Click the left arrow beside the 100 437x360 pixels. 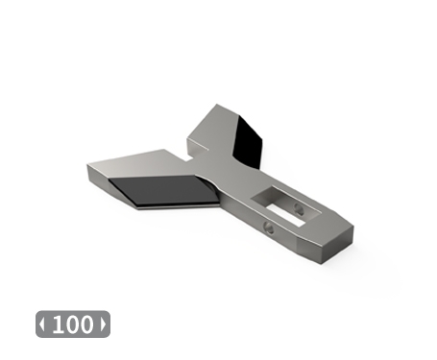click(x=42, y=324)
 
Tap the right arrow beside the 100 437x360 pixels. click(x=104, y=324)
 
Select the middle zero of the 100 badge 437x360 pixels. click(x=72, y=324)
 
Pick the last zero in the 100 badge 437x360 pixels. click(x=87, y=324)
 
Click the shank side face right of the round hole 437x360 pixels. click(x=298, y=243)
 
